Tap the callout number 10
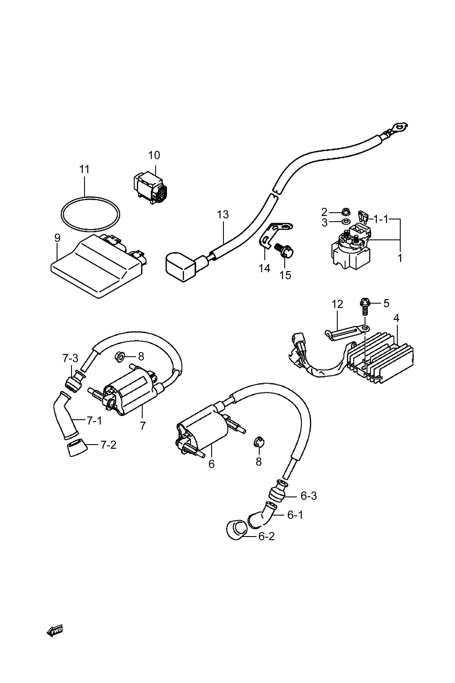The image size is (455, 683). tap(154, 155)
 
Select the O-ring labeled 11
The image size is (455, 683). tap(90, 214)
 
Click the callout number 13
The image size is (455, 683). tap(223, 215)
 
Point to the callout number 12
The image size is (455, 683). tap(337, 304)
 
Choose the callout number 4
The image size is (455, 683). tap(396, 318)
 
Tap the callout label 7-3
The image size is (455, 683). tap(70, 358)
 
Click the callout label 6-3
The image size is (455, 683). tap(309, 496)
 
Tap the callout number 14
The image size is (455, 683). tap(264, 268)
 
